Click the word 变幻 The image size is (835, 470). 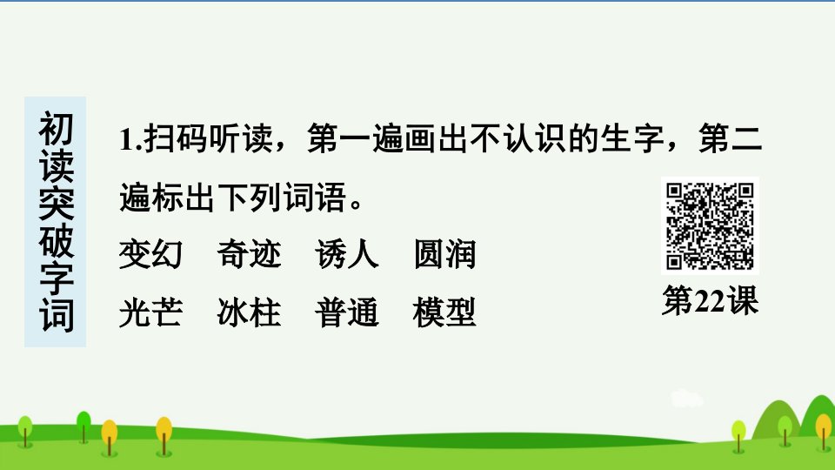[x=150, y=254]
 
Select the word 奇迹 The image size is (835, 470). [x=250, y=254]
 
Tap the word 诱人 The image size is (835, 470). [x=347, y=254]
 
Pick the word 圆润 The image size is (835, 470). [x=445, y=254]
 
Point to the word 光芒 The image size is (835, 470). [x=150, y=312]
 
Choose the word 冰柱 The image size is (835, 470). [x=250, y=312]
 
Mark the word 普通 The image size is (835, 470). [x=347, y=312]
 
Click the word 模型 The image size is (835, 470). [x=445, y=312]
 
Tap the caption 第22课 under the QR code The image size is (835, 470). [x=711, y=300]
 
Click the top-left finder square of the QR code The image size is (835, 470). [x=675, y=191]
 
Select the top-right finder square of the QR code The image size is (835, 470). [x=745, y=191]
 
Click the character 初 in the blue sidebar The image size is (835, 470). [x=56, y=129]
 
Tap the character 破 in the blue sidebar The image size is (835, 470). [x=56, y=241]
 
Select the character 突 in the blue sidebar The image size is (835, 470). [x=56, y=203]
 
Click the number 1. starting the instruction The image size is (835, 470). [x=130, y=139]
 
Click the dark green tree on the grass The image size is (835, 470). [x=83, y=426]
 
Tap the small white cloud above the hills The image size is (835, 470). [x=686, y=399]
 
